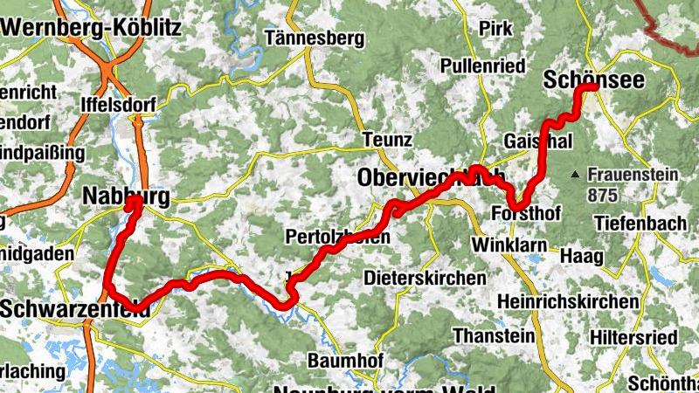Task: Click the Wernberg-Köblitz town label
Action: pos(91,27)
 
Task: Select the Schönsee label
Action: pos(594,79)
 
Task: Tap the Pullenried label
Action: pos(482,66)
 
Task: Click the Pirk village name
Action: pos(495,29)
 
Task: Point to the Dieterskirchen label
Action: pos(425,278)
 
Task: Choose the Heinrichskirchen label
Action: pos(567,300)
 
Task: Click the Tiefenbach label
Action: pos(640,224)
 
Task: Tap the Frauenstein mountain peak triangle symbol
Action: pos(575,176)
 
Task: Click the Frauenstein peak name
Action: pos(633,175)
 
